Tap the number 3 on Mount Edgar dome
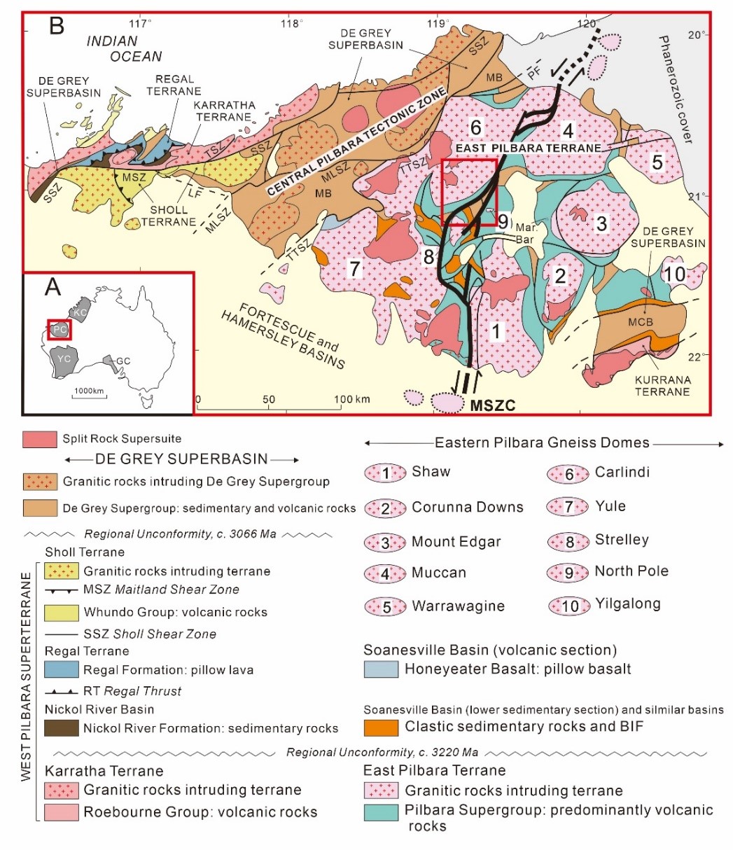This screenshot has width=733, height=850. tap(601, 224)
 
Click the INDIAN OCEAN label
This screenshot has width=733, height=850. tap(124, 49)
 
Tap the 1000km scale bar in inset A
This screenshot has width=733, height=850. tap(89, 398)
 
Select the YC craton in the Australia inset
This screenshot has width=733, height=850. tap(64, 358)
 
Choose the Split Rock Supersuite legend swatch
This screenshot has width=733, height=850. tap(42, 439)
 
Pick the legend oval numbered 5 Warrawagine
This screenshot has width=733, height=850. tap(384, 605)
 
